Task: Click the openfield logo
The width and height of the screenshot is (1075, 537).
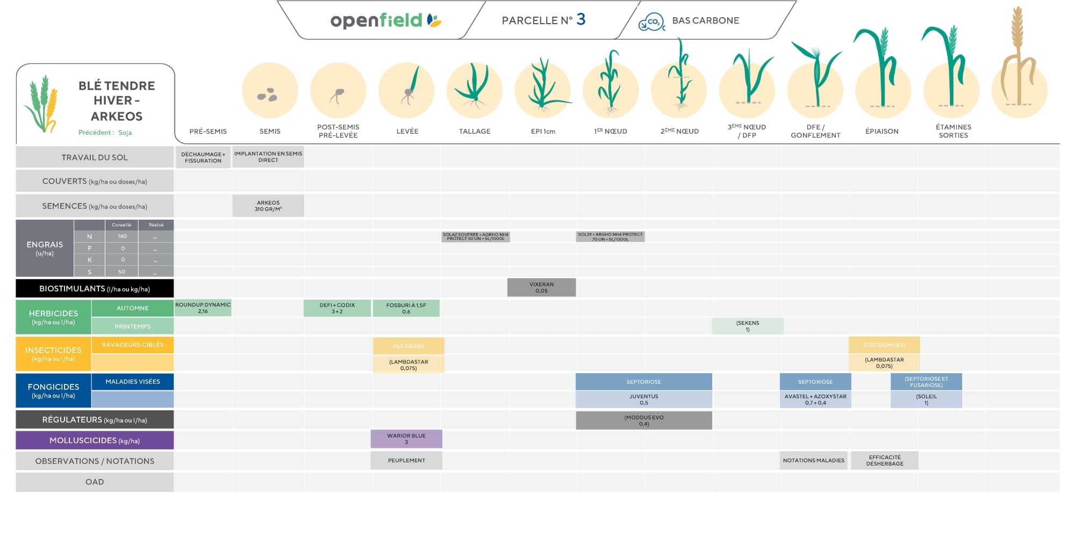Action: point(385,20)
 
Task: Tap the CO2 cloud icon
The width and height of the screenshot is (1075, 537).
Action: point(651,22)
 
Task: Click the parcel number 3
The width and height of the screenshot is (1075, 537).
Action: point(580,19)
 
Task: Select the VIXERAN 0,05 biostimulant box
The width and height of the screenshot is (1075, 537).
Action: point(541,287)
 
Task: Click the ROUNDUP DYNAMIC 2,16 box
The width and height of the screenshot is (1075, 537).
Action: point(203,308)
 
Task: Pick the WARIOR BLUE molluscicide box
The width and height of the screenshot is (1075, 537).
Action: point(406,439)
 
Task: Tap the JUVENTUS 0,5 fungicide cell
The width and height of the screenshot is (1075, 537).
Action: point(643,400)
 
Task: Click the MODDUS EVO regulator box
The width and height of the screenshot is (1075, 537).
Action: point(643,420)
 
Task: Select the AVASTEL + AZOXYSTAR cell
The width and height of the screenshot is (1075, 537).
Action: point(815,400)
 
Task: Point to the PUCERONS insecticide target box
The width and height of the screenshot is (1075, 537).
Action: point(408,346)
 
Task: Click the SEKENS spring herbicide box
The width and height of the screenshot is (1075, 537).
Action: point(748,326)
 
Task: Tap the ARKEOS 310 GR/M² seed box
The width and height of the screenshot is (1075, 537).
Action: point(268,206)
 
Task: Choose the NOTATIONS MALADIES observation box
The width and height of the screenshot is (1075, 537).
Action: point(813,460)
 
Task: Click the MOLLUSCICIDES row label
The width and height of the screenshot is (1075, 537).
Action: point(95,440)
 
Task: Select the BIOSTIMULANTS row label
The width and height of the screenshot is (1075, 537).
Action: point(95,288)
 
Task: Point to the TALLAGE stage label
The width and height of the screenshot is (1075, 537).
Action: point(475,131)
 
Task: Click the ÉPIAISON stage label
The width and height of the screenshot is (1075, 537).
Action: point(881,131)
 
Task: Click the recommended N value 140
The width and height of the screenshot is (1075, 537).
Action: point(122,236)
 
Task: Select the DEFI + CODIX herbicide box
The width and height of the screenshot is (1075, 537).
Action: point(337,308)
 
